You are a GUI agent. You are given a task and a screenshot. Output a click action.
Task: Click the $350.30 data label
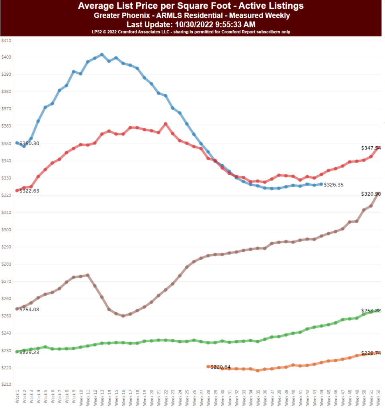(29, 143)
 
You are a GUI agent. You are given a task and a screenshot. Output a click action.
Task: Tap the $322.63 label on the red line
(29, 191)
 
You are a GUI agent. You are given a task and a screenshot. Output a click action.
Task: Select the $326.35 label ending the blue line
(334, 185)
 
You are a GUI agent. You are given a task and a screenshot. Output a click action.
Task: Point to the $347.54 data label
(371, 148)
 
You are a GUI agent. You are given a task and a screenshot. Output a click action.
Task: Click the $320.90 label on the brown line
(371, 194)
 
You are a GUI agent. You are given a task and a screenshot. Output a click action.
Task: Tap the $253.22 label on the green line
(371, 311)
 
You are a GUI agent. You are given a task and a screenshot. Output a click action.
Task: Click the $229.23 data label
(29, 352)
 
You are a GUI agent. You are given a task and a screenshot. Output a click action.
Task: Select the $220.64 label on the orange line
(220, 367)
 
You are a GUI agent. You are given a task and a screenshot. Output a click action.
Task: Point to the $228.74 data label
(371, 353)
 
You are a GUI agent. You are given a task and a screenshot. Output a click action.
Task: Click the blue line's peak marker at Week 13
(102, 55)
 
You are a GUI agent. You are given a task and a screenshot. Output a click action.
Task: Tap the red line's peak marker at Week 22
(165, 124)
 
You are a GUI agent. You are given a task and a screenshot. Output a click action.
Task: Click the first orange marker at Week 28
(208, 367)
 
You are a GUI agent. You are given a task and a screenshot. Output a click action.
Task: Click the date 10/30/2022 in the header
(195, 24)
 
